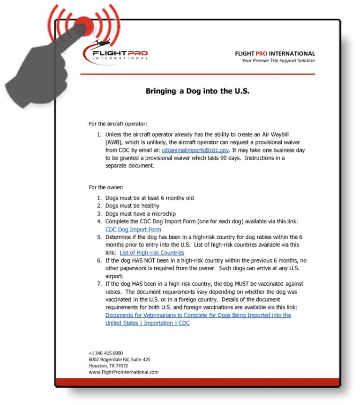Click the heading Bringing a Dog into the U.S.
(x=197, y=91)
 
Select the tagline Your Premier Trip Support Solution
(x=278, y=60)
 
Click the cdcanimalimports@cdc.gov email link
(x=195, y=150)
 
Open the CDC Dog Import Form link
(x=133, y=229)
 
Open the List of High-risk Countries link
(x=152, y=253)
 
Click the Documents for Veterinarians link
(x=198, y=316)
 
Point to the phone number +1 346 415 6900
(x=106, y=353)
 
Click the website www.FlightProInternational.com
(x=124, y=372)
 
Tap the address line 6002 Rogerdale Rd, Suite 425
(x=120, y=360)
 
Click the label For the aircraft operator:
(x=118, y=124)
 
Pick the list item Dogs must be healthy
(x=132, y=206)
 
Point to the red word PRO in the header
(x=262, y=53)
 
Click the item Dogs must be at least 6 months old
(x=150, y=198)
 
